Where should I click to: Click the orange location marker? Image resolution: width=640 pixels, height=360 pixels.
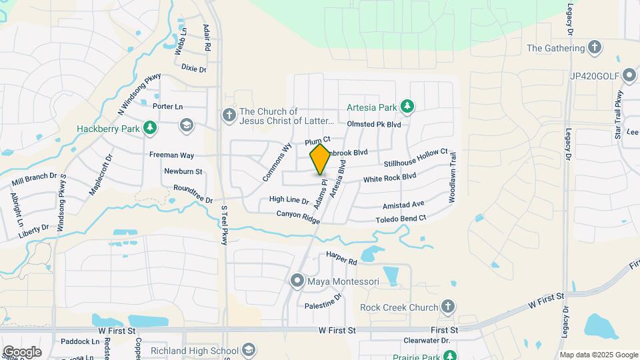pyautogui.click(x=320, y=160)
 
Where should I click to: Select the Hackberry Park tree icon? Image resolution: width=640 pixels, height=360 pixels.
pyautogui.click(x=151, y=128)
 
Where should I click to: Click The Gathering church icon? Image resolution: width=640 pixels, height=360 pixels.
pyautogui.click(x=595, y=48)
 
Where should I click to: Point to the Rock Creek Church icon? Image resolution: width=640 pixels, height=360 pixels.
pyautogui.click(x=448, y=307)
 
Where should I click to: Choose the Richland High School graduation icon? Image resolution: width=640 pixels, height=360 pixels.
pyautogui.click(x=249, y=351)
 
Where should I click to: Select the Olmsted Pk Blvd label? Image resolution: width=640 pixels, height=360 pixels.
pyautogui.click(x=374, y=124)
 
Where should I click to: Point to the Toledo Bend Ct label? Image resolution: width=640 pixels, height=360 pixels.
pyautogui.click(x=401, y=219)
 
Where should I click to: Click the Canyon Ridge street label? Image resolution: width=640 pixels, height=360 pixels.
pyautogui.click(x=299, y=215)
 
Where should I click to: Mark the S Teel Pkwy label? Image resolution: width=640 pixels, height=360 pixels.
pyautogui.click(x=225, y=225)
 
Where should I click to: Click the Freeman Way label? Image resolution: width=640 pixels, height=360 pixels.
pyautogui.click(x=171, y=155)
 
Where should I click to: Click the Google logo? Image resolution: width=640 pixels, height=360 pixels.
pyautogui.click(x=22, y=352)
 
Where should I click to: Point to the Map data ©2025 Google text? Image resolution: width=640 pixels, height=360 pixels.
pyautogui.click(x=598, y=355)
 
